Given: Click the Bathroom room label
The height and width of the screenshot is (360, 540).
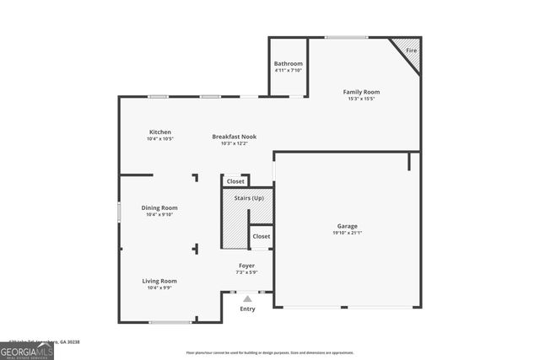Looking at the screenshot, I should pyautogui.click(x=288, y=64).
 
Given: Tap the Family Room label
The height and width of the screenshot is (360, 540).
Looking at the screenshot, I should pyautogui.click(x=361, y=91).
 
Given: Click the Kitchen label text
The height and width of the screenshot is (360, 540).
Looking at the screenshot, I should pyautogui.click(x=160, y=132).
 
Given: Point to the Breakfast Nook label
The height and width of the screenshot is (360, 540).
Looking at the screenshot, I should pyautogui.click(x=234, y=137).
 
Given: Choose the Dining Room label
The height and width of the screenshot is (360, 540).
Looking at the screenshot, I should pyautogui.click(x=159, y=207).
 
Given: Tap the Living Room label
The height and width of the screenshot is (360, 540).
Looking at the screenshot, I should pyautogui.click(x=159, y=281).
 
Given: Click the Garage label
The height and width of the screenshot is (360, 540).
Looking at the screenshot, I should pyautogui.click(x=348, y=226).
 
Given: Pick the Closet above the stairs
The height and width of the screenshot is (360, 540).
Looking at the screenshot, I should pyautogui.click(x=235, y=181).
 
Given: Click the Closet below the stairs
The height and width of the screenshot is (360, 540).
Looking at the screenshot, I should pyautogui.click(x=262, y=236).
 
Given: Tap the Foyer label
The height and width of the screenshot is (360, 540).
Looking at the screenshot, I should pyautogui.click(x=246, y=266).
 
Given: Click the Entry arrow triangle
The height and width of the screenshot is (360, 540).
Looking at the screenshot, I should pyautogui.click(x=247, y=298).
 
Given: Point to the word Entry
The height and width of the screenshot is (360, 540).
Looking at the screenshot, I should pyautogui.click(x=247, y=309).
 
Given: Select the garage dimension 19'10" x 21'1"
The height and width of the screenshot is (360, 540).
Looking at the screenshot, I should pyautogui.click(x=348, y=234).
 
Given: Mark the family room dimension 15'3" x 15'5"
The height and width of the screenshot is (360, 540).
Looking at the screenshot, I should pyautogui.click(x=361, y=99).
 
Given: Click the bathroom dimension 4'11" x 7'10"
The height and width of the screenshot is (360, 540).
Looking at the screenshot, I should pyautogui.click(x=288, y=71).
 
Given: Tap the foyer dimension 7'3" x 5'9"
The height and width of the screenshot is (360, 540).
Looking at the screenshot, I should pyautogui.click(x=246, y=272).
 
